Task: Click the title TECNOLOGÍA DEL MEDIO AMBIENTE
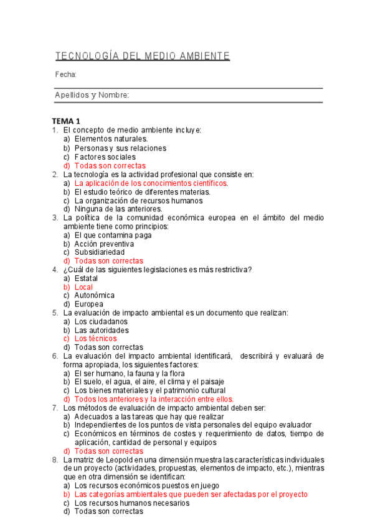coord(143,57)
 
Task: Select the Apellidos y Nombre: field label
coord(92,95)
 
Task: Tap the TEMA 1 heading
coord(66,121)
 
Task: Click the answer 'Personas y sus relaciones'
coord(120,148)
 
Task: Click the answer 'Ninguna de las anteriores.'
coord(118,209)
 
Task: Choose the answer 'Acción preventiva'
coord(104,244)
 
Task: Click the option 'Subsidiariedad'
coord(100,252)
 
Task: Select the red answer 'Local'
coord(83,287)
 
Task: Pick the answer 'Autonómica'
coord(95,296)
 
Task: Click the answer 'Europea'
coord(89,305)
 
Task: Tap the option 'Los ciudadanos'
coord(101,322)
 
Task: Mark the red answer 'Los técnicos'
coord(95,339)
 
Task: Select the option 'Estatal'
coord(86,278)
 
